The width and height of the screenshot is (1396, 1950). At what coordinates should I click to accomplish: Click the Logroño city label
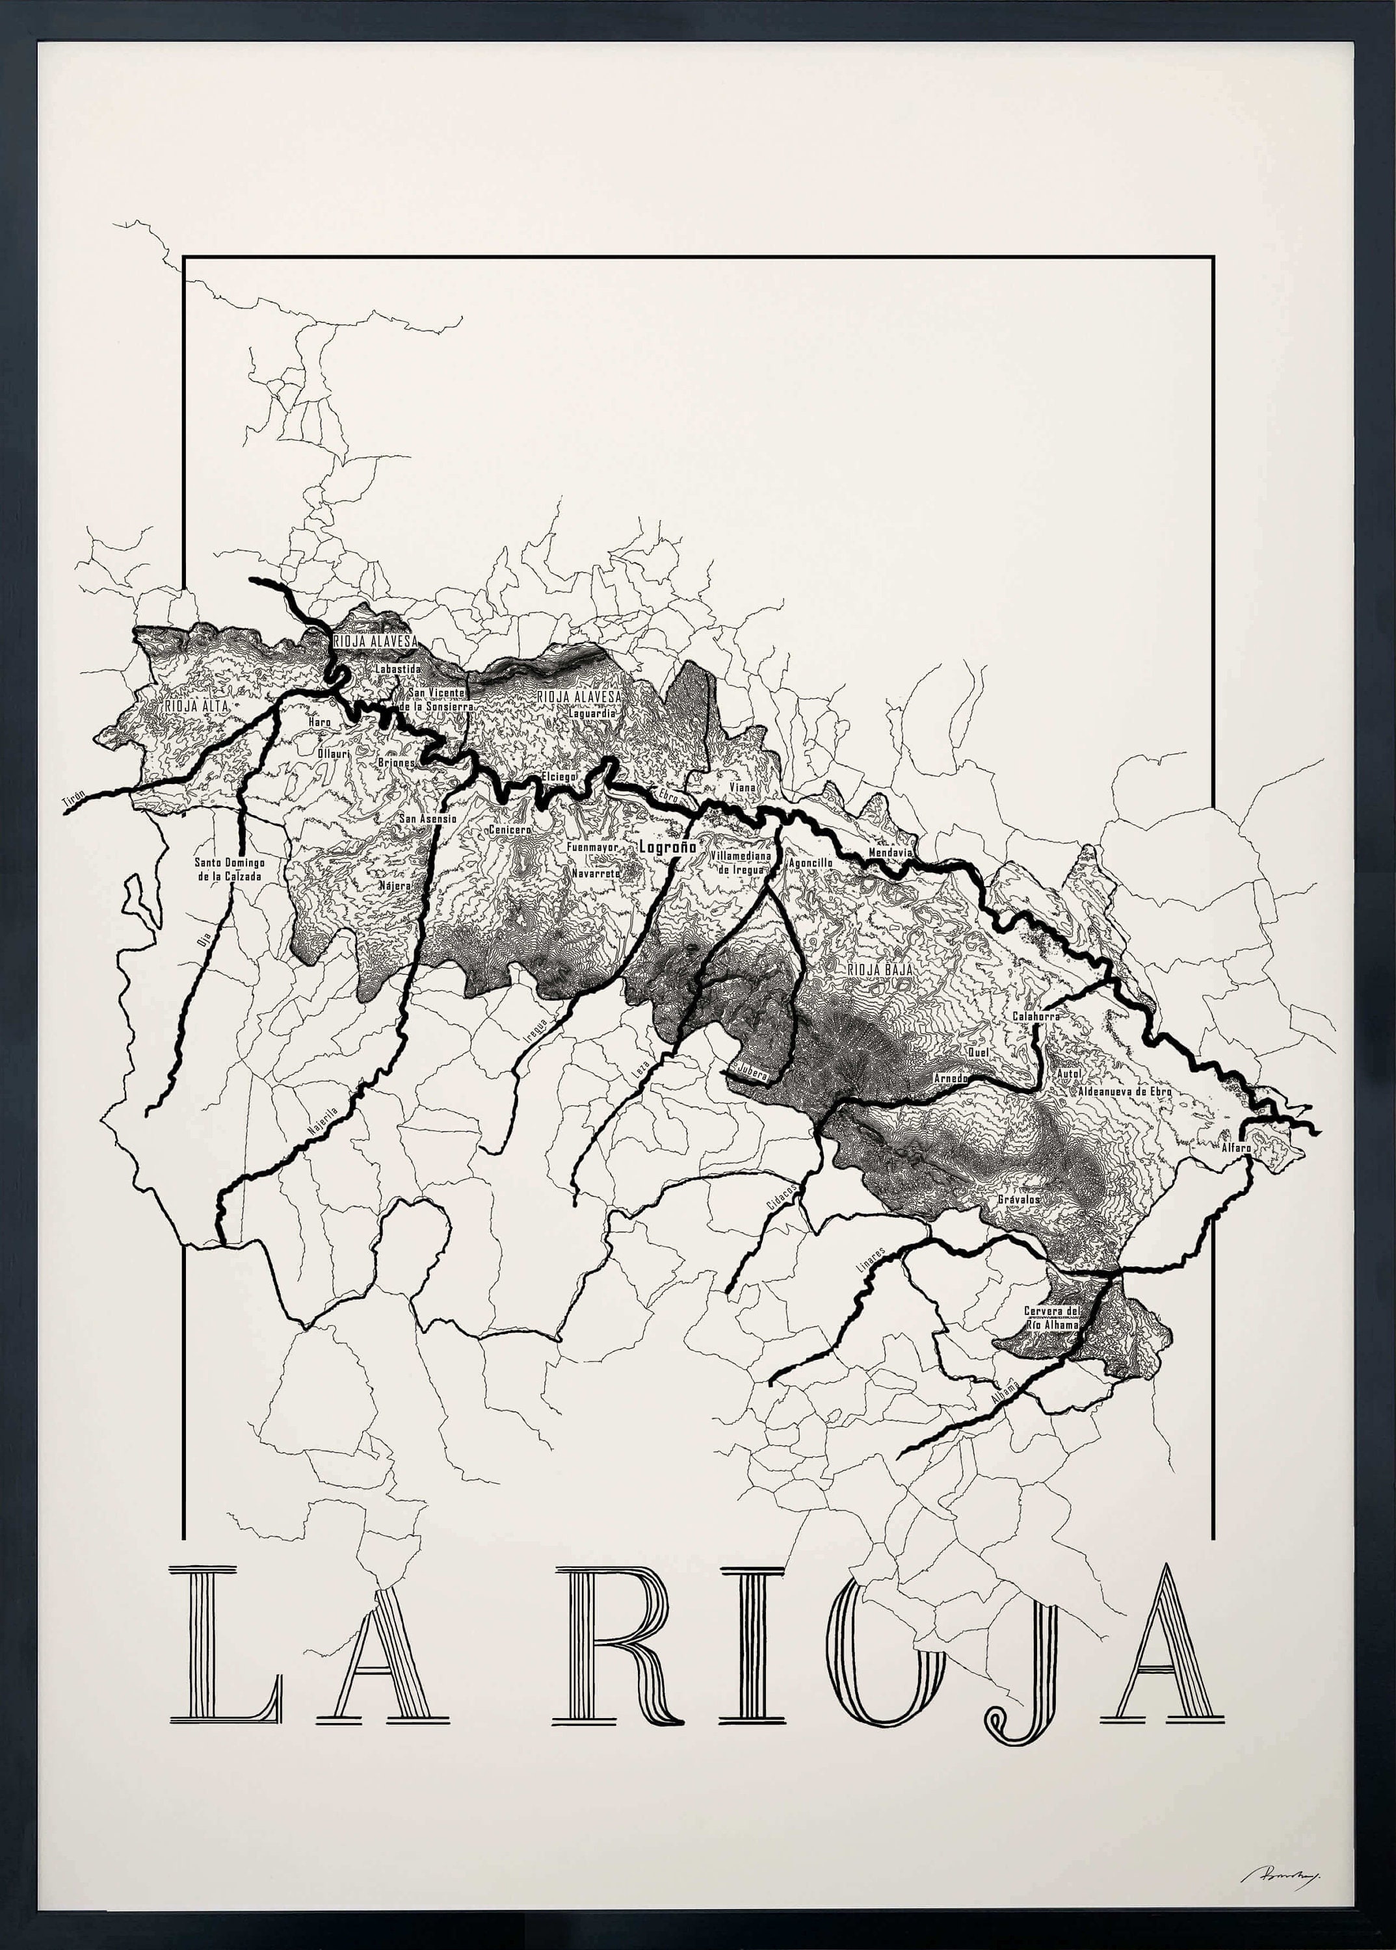tap(667, 846)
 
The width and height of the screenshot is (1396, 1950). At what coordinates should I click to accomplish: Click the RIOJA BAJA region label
tap(878, 969)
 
